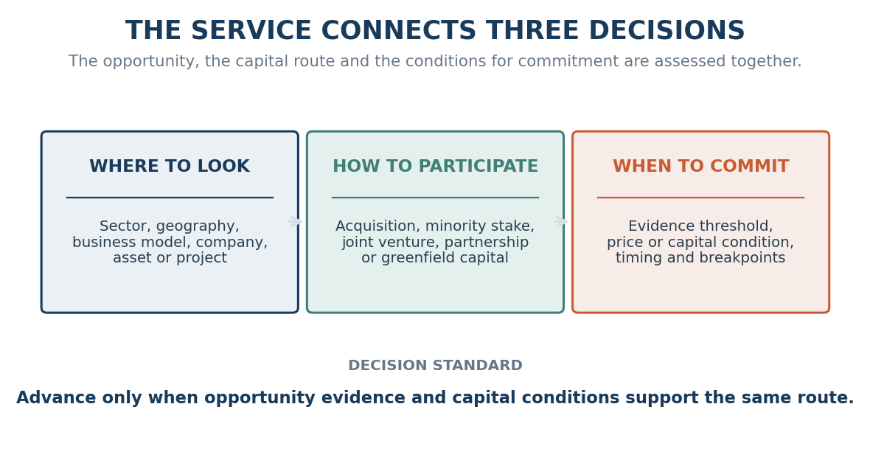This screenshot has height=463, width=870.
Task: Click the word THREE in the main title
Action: [532, 31]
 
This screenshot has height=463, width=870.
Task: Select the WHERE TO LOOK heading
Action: [170, 167]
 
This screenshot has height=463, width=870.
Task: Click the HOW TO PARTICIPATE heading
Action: [435, 167]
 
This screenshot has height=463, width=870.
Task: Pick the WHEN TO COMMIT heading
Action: [700, 167]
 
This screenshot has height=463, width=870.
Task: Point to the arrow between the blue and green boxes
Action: [295, 222]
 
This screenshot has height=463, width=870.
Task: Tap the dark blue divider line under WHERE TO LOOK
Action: [170, 197]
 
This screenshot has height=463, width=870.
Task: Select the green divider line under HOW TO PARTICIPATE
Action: [435, 197]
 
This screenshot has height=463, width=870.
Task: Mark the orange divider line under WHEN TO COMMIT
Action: [700, 197]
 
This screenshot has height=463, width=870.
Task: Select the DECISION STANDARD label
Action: [435, 366]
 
